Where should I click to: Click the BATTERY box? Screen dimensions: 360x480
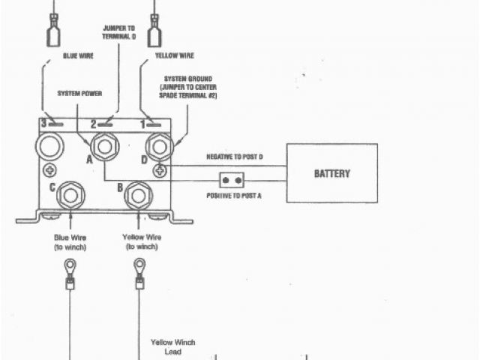pyautogui.click(x=332, y=173)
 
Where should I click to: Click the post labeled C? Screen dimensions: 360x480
pyautogui.click(x=70, y=194)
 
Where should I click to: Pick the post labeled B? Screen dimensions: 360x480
pyautogui.click(x=139, y=194)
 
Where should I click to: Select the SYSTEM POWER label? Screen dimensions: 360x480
pyautogui.click(x=80, y=94)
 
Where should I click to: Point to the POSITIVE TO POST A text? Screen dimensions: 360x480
pyautogui.click(x=234, y=195)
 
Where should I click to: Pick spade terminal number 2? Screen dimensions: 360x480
pyautogui.click(x=103, y=122)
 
